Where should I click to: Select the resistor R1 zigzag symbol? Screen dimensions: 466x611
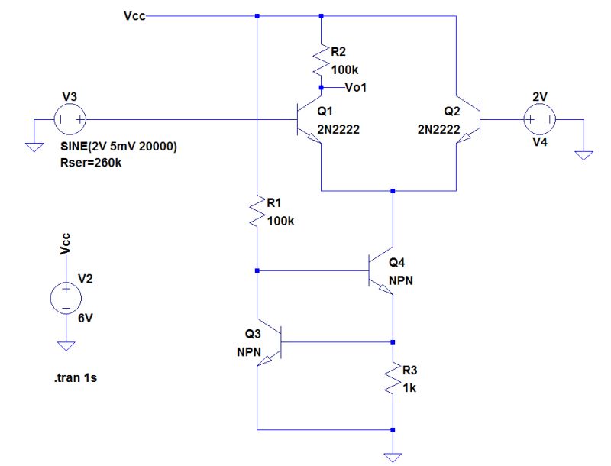point(257,212)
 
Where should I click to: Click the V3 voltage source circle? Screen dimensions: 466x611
point(69,119)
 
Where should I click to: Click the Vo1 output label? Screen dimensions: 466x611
point(357,88)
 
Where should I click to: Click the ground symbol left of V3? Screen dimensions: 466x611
point(32,146)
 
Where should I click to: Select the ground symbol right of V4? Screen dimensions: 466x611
point(584,155)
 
